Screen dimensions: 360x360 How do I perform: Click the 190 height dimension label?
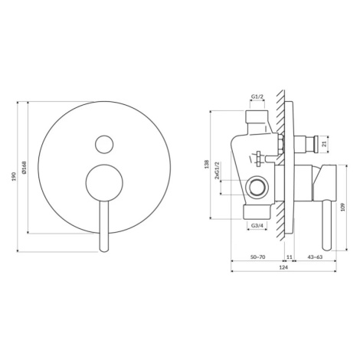[x=14, y=176]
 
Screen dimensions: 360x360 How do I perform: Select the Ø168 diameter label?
[x=24, y=168]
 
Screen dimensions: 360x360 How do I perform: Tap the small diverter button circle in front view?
[x=104, y=144]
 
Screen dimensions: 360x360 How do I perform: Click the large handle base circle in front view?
[x=104, y=183]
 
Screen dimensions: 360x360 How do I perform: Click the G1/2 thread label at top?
[x=257, y=97]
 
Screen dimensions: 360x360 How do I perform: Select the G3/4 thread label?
[x=257, y=225]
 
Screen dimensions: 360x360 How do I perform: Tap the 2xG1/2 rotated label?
[x=218, y=170]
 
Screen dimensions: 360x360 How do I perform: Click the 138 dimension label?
[x=207, y=164]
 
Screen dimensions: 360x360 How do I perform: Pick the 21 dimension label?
[x=325, y=144]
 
